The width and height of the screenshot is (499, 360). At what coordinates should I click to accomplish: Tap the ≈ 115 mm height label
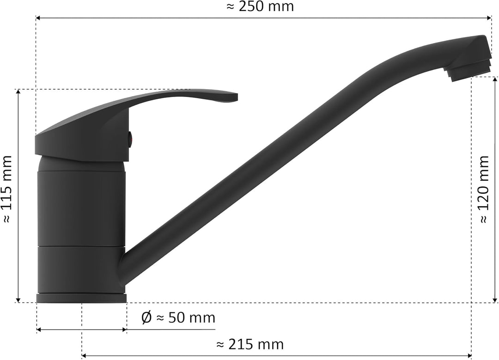[x=8, y=189]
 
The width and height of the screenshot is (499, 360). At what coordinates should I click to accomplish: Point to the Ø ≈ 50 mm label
[x=178, y=317]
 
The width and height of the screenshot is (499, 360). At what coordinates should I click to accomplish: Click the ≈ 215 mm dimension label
[x=250, y=344]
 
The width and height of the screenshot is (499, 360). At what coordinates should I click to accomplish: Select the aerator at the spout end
[x=468, y=72]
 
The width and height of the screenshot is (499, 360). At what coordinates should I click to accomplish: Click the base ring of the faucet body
[x=81, y=298]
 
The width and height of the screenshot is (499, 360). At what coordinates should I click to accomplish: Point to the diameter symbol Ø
[x=146, y=317]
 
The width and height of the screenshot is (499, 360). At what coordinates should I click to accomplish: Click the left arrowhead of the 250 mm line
[x=39, y=18]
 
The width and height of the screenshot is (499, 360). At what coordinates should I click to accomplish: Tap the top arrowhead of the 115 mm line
[x=18, y=92]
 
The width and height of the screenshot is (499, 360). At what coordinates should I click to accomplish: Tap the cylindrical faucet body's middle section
[x=81, y=208]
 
